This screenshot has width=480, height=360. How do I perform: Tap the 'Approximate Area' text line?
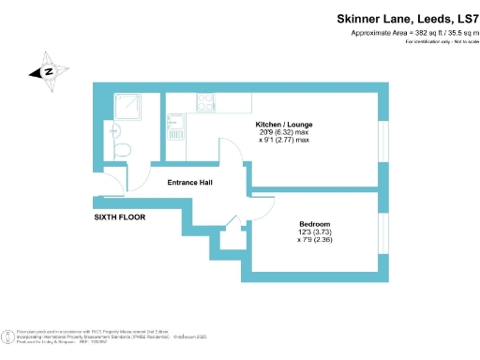coord(412,34)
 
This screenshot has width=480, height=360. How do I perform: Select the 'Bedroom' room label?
coord(314,224)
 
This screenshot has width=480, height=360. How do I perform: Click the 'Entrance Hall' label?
coord(189,182)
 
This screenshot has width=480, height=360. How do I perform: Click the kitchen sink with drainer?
coord(174,141)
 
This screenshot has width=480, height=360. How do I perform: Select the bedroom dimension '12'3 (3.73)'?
coord(314,232)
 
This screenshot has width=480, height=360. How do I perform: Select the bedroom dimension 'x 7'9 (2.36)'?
coord(314,241)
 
